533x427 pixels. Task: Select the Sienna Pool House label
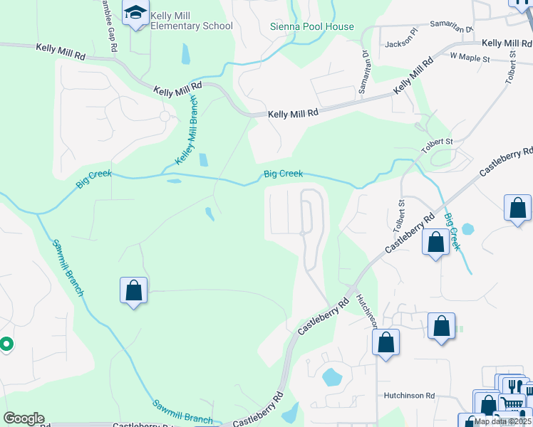(x=311, y=27)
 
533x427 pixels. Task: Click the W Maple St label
(x=470, y=56)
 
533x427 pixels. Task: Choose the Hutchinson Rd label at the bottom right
(x=409, y=395)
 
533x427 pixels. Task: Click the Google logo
(x=24, y=418)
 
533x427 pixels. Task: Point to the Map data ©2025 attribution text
(x=503, y=421)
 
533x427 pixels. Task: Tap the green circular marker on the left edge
(x=6, y=345)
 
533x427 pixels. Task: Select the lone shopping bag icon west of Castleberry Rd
(x=133, y=290)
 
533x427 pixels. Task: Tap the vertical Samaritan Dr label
(x=365, y=63)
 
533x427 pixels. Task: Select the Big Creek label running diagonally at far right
(x=452, y=232)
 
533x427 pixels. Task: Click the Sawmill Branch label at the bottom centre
(x=182, y=411)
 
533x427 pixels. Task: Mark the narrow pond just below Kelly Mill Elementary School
(x=186, y=54)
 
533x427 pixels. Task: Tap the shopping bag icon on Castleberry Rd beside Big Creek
(x=435, y=242)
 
